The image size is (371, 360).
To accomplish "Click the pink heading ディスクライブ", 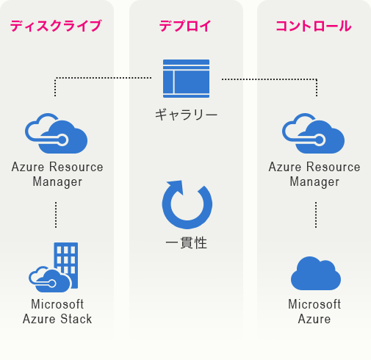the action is coord(56,26).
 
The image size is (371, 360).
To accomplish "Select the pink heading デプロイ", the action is coord(185,26).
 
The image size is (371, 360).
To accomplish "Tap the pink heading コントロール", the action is coord(314,26).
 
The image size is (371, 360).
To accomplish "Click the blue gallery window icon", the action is coord(186,79).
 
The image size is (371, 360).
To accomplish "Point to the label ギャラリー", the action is coord(186,115).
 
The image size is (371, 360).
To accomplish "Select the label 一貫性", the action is coord(187,243).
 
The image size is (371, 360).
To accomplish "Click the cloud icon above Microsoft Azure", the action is coord(316,273).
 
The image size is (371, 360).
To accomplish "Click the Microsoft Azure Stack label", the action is coord(57,312).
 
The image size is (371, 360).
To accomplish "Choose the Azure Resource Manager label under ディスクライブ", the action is coord(57,174).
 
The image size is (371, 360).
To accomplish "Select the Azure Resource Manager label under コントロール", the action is coord(314,174).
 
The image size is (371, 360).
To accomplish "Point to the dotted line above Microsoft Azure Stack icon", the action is coord(56,215).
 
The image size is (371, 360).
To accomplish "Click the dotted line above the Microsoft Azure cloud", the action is coord(316,215).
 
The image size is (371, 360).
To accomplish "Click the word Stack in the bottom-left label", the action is coord(76,319).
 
